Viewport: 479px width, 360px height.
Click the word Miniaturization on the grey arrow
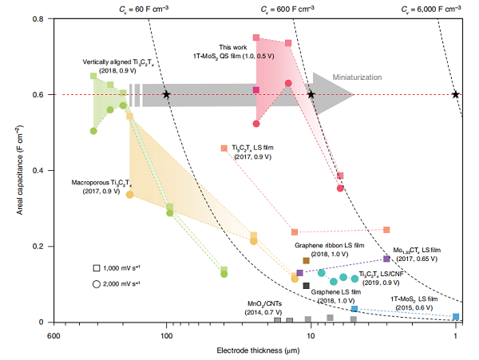click(x=366, y=77)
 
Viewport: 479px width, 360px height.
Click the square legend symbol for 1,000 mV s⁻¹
click(x=96, y=268)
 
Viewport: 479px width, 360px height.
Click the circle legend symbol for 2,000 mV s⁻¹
click(x=96, y=283)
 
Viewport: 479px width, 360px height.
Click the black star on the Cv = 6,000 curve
click(x=456, y=94)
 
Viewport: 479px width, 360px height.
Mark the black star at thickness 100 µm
click(x=166, y=94)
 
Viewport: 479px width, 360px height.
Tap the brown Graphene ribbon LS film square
click(x=306, y=261)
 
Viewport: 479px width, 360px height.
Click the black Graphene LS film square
click(x=306, y=286)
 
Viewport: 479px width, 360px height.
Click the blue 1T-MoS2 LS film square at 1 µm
click(x=456, y=317)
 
